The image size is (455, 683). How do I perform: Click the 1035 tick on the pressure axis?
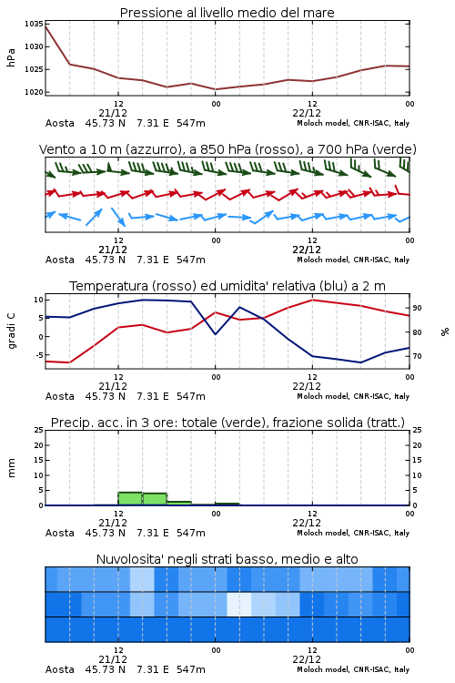click(33, 24)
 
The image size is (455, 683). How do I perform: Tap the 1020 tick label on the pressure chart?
click(33, 92)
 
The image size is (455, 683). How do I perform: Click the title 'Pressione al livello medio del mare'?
click(227, 13)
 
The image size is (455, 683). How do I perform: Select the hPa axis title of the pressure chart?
click(11, 57)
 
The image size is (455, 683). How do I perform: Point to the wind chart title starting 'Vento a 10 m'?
click(227, 149)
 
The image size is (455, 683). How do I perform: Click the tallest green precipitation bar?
click(130, 498)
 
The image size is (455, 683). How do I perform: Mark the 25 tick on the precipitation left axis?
click(39, 430)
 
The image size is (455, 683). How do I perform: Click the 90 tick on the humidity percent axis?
click(417, 308)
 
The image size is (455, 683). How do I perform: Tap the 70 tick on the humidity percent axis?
click(417, 356)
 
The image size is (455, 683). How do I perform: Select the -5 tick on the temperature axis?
click(38, 355)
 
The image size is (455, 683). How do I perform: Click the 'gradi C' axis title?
click(11, 331)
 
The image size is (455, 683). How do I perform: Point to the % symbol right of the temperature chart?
click(445, 331)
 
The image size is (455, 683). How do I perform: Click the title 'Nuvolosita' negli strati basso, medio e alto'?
click(227, 559)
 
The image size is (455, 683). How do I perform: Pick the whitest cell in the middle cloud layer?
click(239, 604)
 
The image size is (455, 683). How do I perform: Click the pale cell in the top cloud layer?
click(142, 579)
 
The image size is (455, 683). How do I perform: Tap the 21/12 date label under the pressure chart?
click(113, 113)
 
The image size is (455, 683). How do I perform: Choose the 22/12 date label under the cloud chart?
click(307, 659)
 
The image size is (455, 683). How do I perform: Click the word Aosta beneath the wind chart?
click(60, 260)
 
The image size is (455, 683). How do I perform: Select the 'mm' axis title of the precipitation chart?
click(11, 467)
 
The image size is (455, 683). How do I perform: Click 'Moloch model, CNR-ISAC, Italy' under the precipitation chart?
click(353, 533)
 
